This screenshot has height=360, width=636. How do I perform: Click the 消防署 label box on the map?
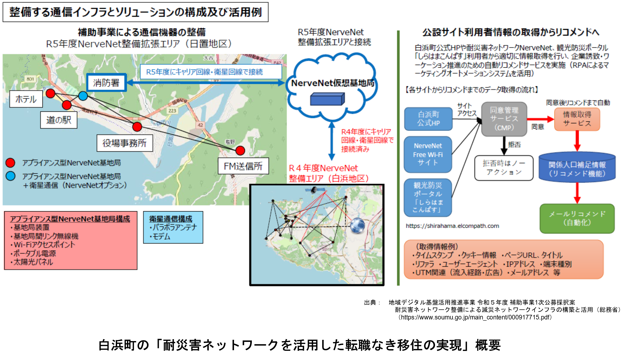[x=106, y=82]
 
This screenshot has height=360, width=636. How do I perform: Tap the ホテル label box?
[x=26, y=99]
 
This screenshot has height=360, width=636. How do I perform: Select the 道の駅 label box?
[x=59, y=120]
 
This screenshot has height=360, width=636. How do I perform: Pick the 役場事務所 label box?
[x=124, y=143]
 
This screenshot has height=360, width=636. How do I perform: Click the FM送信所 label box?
[x=243, y=166]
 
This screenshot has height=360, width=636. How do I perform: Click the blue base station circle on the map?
[x=83, y=95]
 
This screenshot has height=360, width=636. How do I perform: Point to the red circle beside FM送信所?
[x=240, y=151]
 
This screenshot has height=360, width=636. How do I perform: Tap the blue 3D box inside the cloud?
[x=327, y=99]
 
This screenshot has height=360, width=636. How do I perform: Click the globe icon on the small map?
[x=357, y=225]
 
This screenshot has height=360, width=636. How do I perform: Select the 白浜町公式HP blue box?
[x=428, y=119]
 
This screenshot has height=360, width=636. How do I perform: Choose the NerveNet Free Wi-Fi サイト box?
[x=428, y=154]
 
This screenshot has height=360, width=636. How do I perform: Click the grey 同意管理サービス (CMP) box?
[x=504, y=119]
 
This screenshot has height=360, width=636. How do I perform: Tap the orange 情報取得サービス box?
[x=577, y=119]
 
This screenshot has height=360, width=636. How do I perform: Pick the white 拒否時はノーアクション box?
[x=504, y=168]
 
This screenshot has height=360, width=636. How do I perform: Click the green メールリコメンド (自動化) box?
[x=577, y=218]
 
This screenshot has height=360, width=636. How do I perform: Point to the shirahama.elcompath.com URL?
[x=452, y=226]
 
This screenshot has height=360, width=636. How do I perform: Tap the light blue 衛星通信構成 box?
[x=173, y=227]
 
